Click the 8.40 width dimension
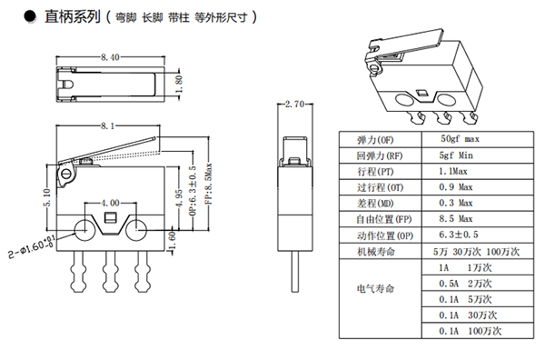click(x=110, y=57)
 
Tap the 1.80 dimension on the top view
click(x=179, y=85)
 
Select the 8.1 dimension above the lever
click(x=107, y=126)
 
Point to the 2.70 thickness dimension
click(x=294, y=104)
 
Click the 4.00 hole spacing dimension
click(x=110, y=203)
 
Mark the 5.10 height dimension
click(x=47, y=197)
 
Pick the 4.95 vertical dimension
click(x=178, y=198)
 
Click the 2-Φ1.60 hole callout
click(x=33, y=246)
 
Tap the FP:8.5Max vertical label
click(x=208, y=185)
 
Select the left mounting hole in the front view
click(x=84, y=230)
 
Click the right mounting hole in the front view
click(x=136, y=230)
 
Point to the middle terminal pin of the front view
click(x=109, y=272)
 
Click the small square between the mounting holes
click(x=110, y=218)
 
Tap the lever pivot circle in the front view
click(x=66, y=174)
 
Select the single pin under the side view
click(x=294, y=272)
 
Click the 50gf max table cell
click(x=460, y=139)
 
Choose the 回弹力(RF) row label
click(x=380, y=155)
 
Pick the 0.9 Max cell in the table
click(x=456, y=187)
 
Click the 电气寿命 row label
click(x=375, y=289)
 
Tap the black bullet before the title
click(x=30, y=16)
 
